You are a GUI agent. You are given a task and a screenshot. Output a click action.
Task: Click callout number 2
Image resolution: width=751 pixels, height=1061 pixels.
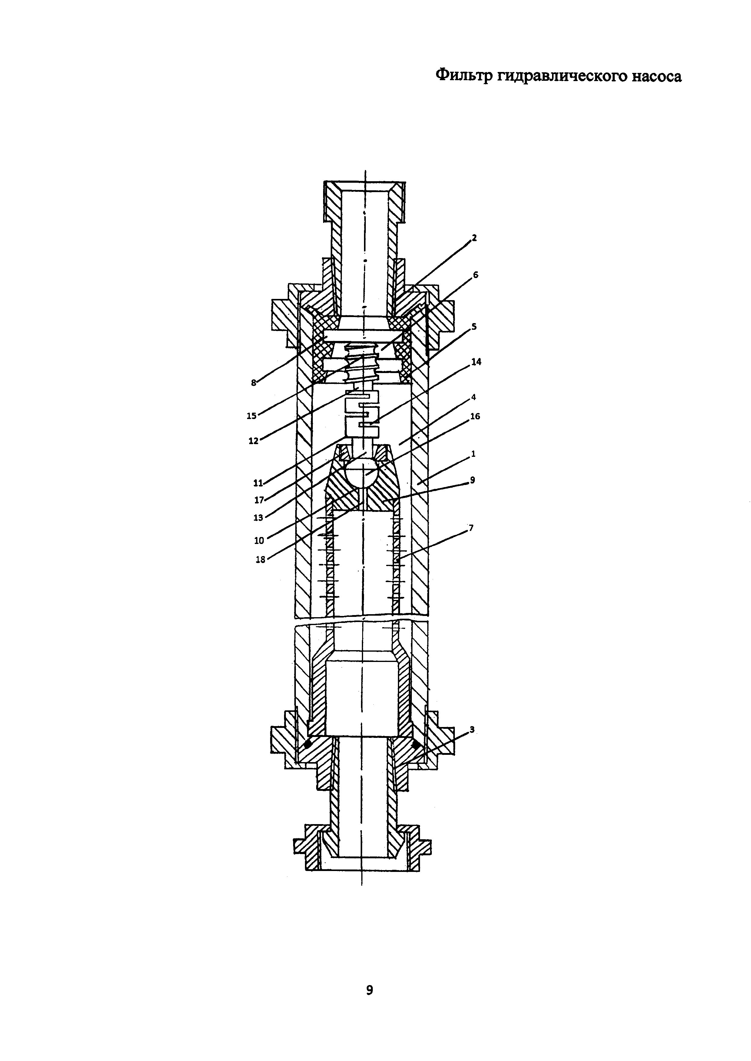474,238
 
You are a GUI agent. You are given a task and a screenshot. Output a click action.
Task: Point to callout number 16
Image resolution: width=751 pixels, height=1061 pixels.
475,416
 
